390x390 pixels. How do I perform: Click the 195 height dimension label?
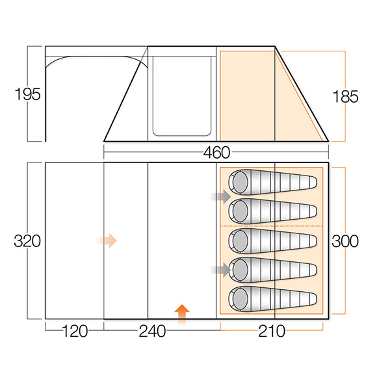click(27, 94)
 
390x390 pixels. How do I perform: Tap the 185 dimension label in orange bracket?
click(345, 96)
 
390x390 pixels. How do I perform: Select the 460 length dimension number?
click(216, 153)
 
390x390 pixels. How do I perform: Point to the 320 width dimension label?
click(27, 240)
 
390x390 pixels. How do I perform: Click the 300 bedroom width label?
click(345, 240)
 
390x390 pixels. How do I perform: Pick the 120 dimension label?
click(75, 331)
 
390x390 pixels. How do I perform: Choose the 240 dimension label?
click(152, 331)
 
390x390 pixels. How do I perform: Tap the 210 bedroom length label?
click(272, 331)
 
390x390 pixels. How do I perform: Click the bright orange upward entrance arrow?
click(182, 315)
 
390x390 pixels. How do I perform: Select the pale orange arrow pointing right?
click(107, 240)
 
